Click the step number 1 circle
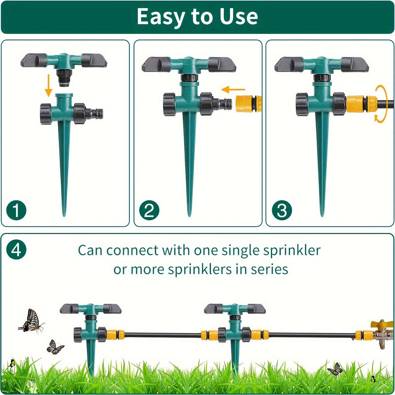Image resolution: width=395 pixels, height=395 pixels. point(16,210)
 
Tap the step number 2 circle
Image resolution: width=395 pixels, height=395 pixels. point(149,210)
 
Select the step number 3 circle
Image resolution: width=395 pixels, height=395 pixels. point(282,210)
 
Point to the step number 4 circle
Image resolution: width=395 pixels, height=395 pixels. point(16,250)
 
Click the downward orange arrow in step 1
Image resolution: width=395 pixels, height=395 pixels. point(48,85)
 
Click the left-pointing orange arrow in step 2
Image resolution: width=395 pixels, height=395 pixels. point(233,89)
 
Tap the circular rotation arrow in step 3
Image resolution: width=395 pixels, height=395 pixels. point(381,104)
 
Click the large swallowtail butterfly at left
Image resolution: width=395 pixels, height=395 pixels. point(31,321)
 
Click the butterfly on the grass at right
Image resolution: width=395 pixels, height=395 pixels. point(335,369)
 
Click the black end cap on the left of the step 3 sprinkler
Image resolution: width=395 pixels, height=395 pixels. point(302,104)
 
